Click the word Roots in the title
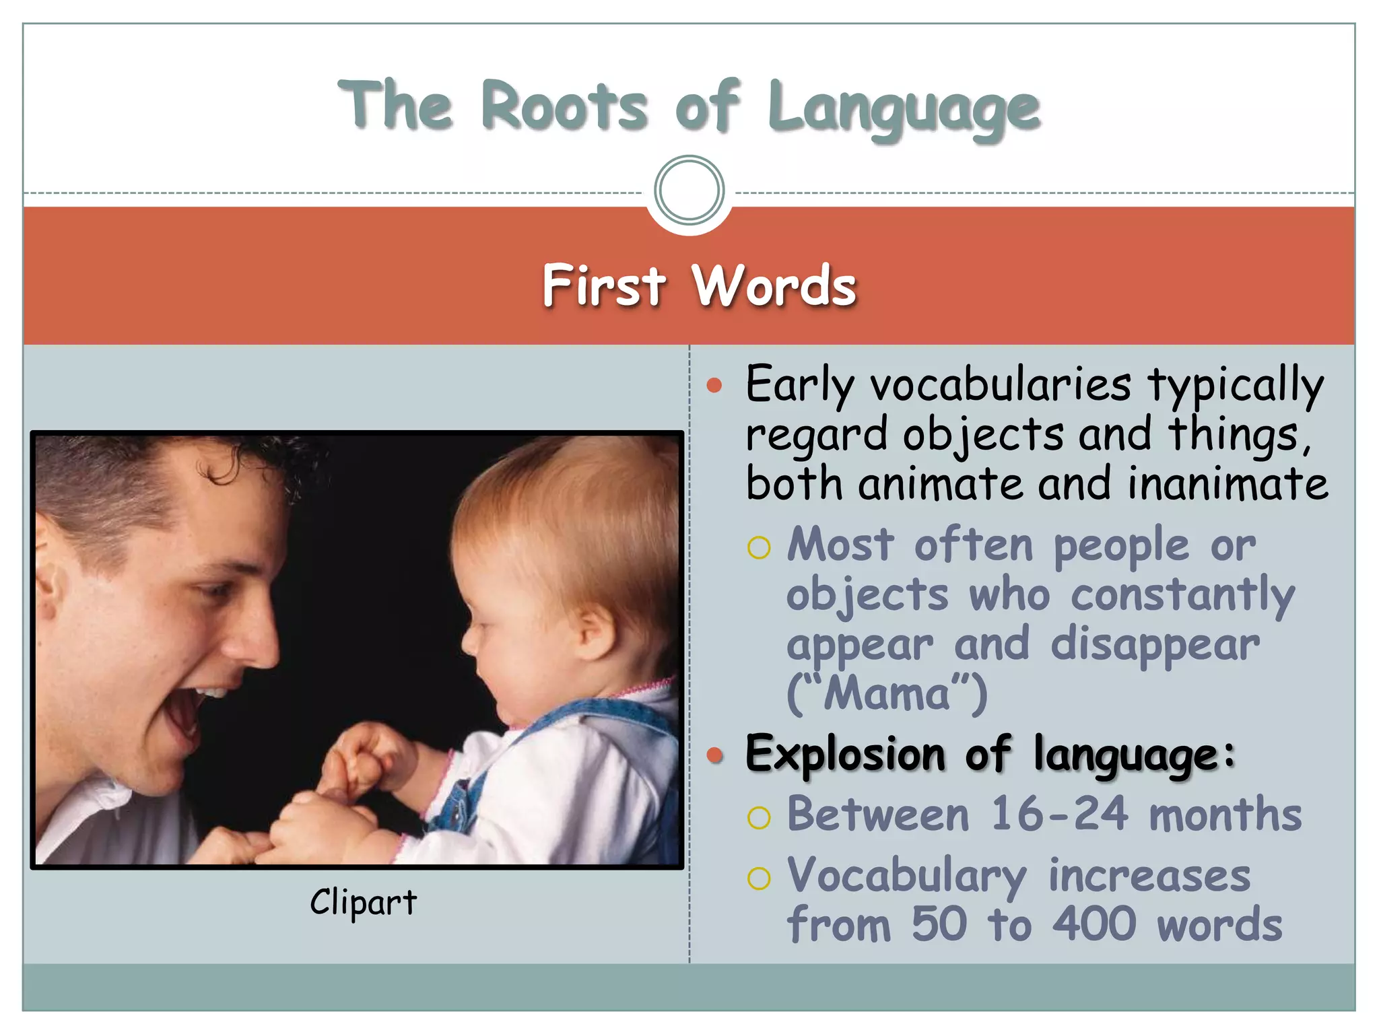[564, 106]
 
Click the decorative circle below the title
[689, 190]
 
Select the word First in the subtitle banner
[604, 285]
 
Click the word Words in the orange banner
[774, 285]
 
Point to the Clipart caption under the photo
[363, 902]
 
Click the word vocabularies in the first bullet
[1001, 385]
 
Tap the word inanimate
[1227, 484]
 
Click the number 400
[1094, 924]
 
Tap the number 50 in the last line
[940, 924]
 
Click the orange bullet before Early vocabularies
[714, 386]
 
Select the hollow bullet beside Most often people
[759, 548]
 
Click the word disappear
[1155, 644]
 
